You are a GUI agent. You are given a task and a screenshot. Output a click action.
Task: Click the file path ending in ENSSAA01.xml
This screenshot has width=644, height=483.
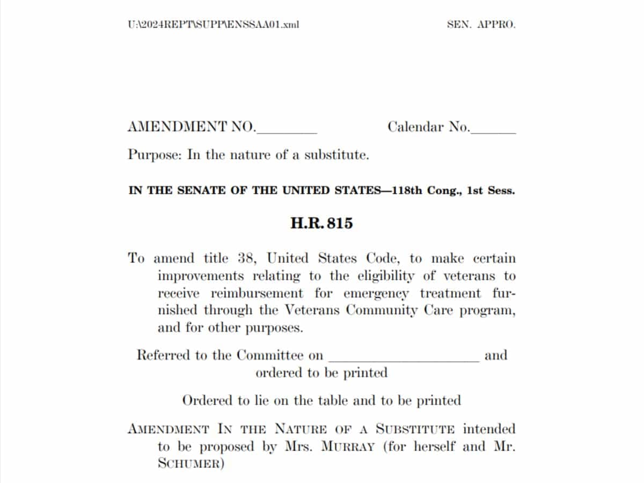213,25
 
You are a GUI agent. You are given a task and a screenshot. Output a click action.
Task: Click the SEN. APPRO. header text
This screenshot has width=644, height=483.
481,25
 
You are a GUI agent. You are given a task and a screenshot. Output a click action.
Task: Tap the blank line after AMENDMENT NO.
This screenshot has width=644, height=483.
288,131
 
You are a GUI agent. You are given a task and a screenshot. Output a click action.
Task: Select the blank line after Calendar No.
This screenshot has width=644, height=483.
493,131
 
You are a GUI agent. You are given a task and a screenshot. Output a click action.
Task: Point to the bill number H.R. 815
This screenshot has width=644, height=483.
321,224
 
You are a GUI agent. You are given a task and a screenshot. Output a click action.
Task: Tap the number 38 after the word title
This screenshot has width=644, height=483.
248,258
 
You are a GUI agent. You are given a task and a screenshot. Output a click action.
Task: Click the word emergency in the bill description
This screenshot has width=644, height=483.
376,294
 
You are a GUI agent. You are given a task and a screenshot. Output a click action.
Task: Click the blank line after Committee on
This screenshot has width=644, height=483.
404,358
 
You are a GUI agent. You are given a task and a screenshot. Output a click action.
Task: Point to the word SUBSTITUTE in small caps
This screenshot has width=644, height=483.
416,429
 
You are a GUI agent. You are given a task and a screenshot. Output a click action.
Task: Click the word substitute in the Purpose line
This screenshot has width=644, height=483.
337,156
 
